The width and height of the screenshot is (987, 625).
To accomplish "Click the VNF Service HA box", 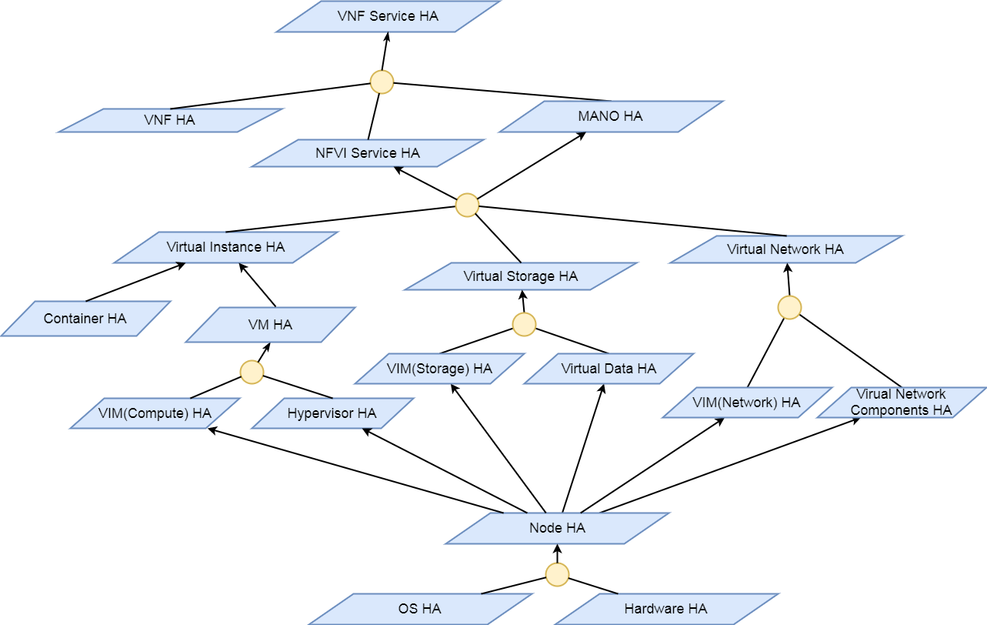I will click(388, 16).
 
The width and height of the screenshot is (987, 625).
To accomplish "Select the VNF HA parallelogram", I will click(170, 120).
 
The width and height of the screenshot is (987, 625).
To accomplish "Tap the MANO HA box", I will click(610, 116).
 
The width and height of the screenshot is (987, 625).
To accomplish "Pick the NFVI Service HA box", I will click(368, 153).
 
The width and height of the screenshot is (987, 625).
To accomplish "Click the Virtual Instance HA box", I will click(225, 247).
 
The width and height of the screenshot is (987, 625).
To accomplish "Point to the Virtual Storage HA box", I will click(520, 276).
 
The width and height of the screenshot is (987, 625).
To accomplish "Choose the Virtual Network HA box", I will click(785, 249).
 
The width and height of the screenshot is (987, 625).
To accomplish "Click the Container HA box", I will click(85, 319).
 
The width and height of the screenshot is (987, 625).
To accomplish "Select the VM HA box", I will click(270, 325).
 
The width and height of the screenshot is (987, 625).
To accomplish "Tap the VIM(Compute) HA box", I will click(155, 413).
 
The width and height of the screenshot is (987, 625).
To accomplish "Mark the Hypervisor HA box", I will click(332, 413).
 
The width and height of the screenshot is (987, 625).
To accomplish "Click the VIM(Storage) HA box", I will click(439, 369).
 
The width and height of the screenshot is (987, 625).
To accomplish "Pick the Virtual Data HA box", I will click(609, 369).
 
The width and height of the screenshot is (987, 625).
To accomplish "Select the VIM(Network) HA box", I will click(746, 403).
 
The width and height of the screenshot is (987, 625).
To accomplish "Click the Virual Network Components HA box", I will click(901, 403).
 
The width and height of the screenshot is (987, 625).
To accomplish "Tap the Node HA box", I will click(557, 528).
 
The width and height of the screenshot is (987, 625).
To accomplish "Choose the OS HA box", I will click(420, 609).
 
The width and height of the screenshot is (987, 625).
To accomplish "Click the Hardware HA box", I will click(665, 609).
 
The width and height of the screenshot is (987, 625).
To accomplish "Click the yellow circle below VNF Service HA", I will click(382, 82).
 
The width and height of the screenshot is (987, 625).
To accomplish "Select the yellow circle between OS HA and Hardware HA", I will click(557, 574).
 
